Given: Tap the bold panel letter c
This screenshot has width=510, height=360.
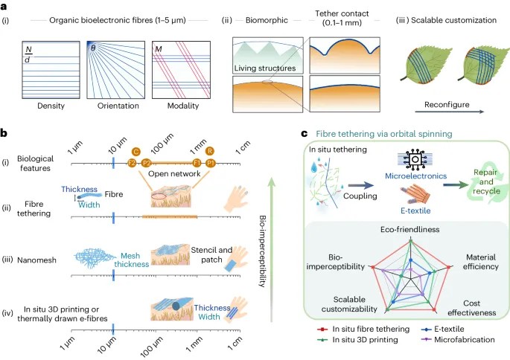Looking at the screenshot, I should click(x=304, y=133).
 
